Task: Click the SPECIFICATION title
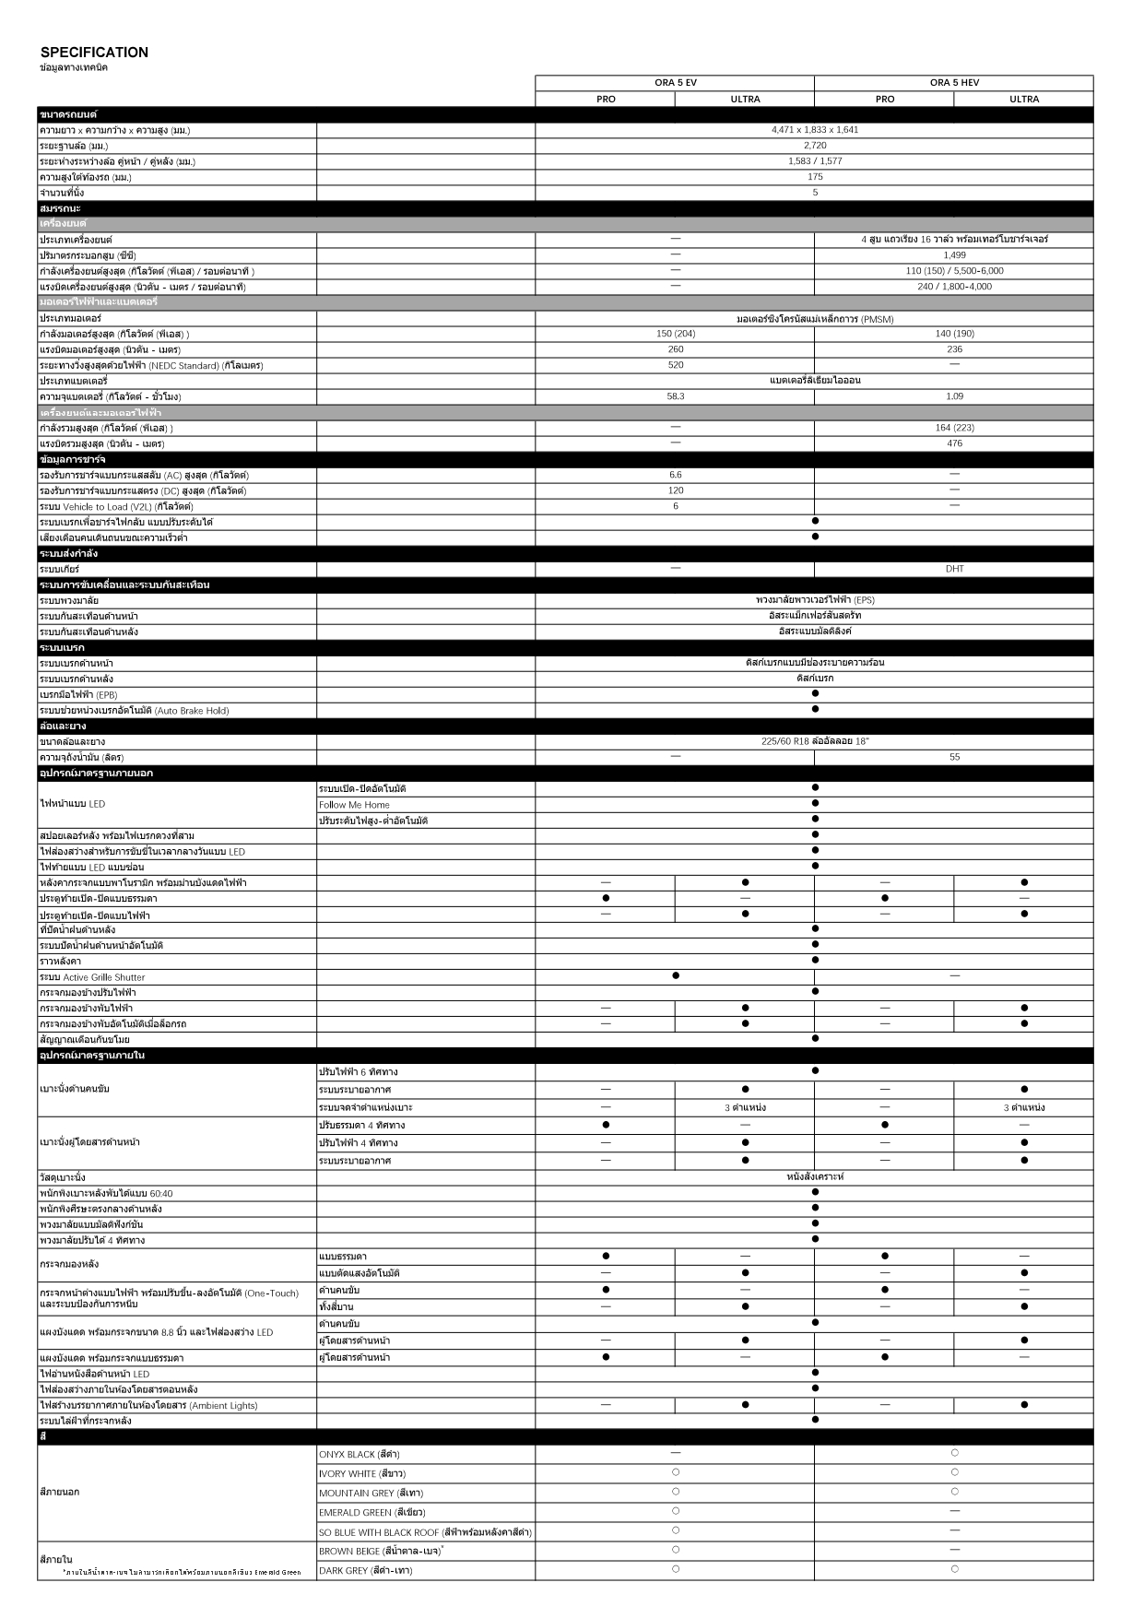point(94,53)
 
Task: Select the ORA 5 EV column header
point(675,83)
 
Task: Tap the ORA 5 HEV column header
point(954,83)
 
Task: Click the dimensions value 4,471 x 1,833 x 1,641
point(814,130)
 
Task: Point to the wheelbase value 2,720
point(814,146)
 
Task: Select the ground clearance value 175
point(814,177)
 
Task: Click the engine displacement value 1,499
point(954,255)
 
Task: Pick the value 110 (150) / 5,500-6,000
point(954,271)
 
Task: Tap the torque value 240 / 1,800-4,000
point(954,287)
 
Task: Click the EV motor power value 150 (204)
point(675,334)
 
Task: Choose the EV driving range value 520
point(675,365)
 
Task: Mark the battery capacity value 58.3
point(675,396)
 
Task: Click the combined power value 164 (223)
point(954,428)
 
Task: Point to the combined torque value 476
point(954,443)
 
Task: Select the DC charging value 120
point(675,490)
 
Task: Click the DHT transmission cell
point(954,569)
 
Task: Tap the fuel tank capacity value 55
point(954,757)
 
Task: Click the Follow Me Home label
point(354,805)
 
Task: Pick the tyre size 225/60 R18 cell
point(814,741)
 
